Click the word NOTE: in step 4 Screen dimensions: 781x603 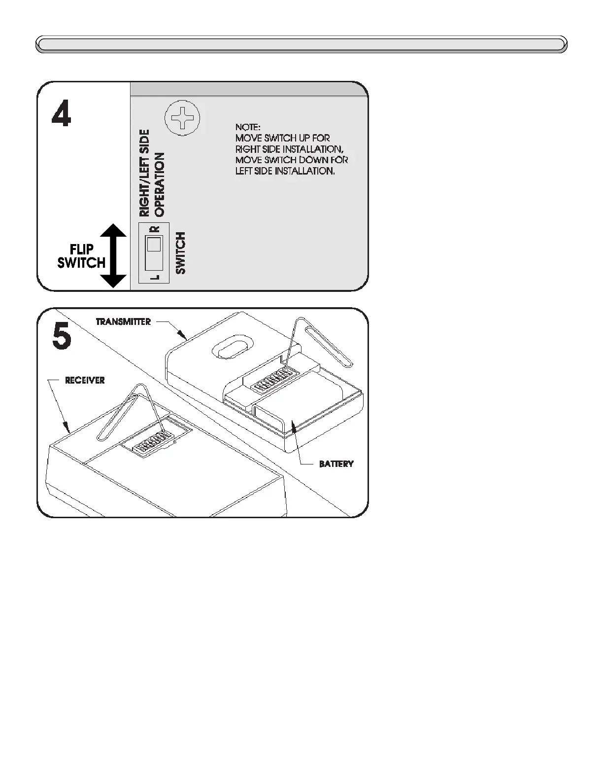(x=248, y=127)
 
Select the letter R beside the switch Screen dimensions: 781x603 (x=155, y=229)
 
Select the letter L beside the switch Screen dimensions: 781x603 (x=155, y=277)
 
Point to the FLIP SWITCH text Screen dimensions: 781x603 (x=81, y=256)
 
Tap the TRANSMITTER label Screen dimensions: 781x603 (x=123, y=322)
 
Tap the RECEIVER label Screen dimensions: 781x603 (x=85, y=381)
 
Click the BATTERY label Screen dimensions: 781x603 (x=336, y=464)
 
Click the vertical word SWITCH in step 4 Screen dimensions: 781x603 (x=181, y=253)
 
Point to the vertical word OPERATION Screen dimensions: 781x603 (x=160, y=184)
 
